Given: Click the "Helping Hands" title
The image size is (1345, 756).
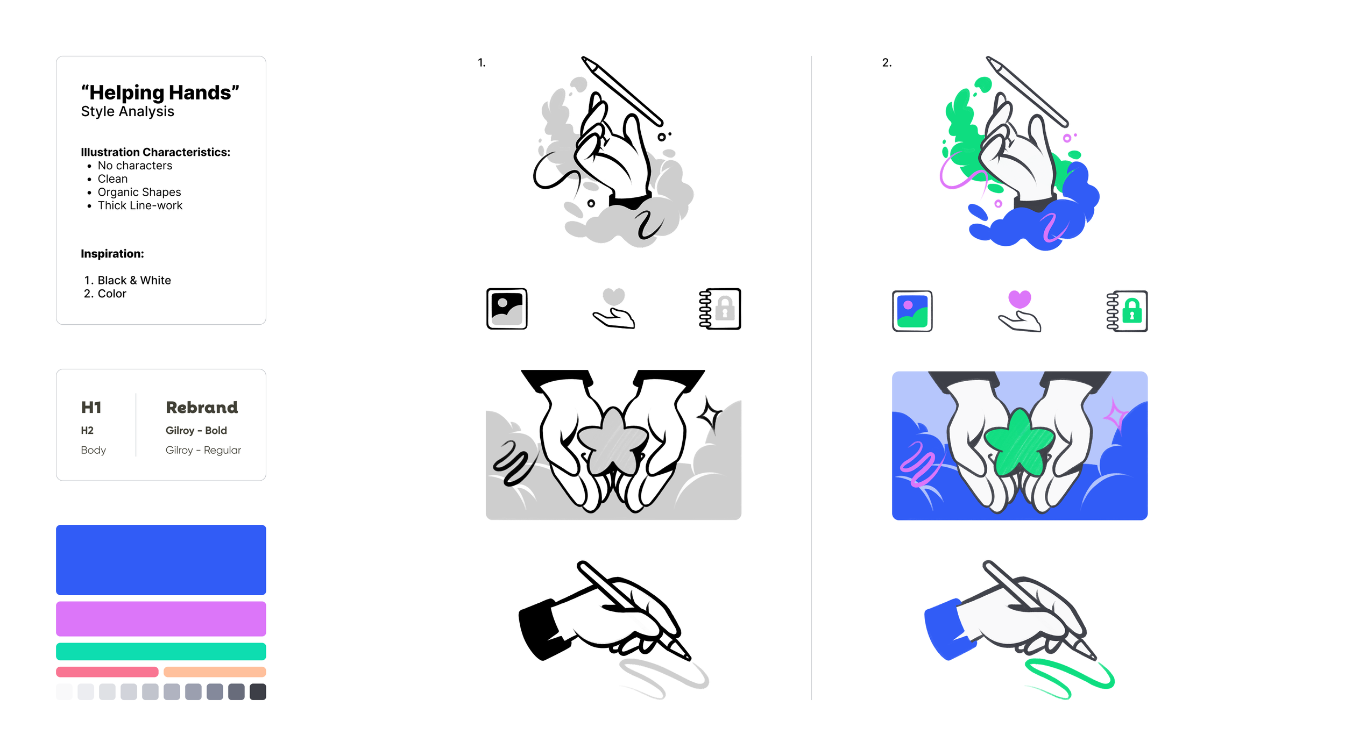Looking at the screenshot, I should [160, 92].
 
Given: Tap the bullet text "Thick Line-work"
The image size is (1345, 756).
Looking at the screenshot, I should [140, 205].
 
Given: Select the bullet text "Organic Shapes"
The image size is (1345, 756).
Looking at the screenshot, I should [139, 192].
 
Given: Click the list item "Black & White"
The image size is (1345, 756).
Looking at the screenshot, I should [134, 280].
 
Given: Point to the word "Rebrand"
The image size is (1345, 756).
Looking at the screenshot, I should [202, 408].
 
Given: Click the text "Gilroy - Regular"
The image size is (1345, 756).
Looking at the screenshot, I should [203, 450].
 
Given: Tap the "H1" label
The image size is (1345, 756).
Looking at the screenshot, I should [91, 408].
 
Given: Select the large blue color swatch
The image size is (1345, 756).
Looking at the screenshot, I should [161, 560].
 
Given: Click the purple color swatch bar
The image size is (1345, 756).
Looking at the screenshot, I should [161, 619].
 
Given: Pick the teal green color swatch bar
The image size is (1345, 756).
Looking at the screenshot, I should [161, 651].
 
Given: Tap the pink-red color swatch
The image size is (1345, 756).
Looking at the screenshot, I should [107, 672].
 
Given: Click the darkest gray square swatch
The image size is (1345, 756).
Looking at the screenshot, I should [258, 691].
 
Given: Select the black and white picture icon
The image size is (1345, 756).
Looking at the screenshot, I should [507, 309].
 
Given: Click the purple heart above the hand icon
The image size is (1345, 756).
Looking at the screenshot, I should [1019, 298].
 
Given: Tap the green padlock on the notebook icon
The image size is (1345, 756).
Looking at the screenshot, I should [1132, 311].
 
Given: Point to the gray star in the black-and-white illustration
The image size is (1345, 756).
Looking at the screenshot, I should [612, 441].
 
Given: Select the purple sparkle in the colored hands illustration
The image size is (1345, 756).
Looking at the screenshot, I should [1115, 415].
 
